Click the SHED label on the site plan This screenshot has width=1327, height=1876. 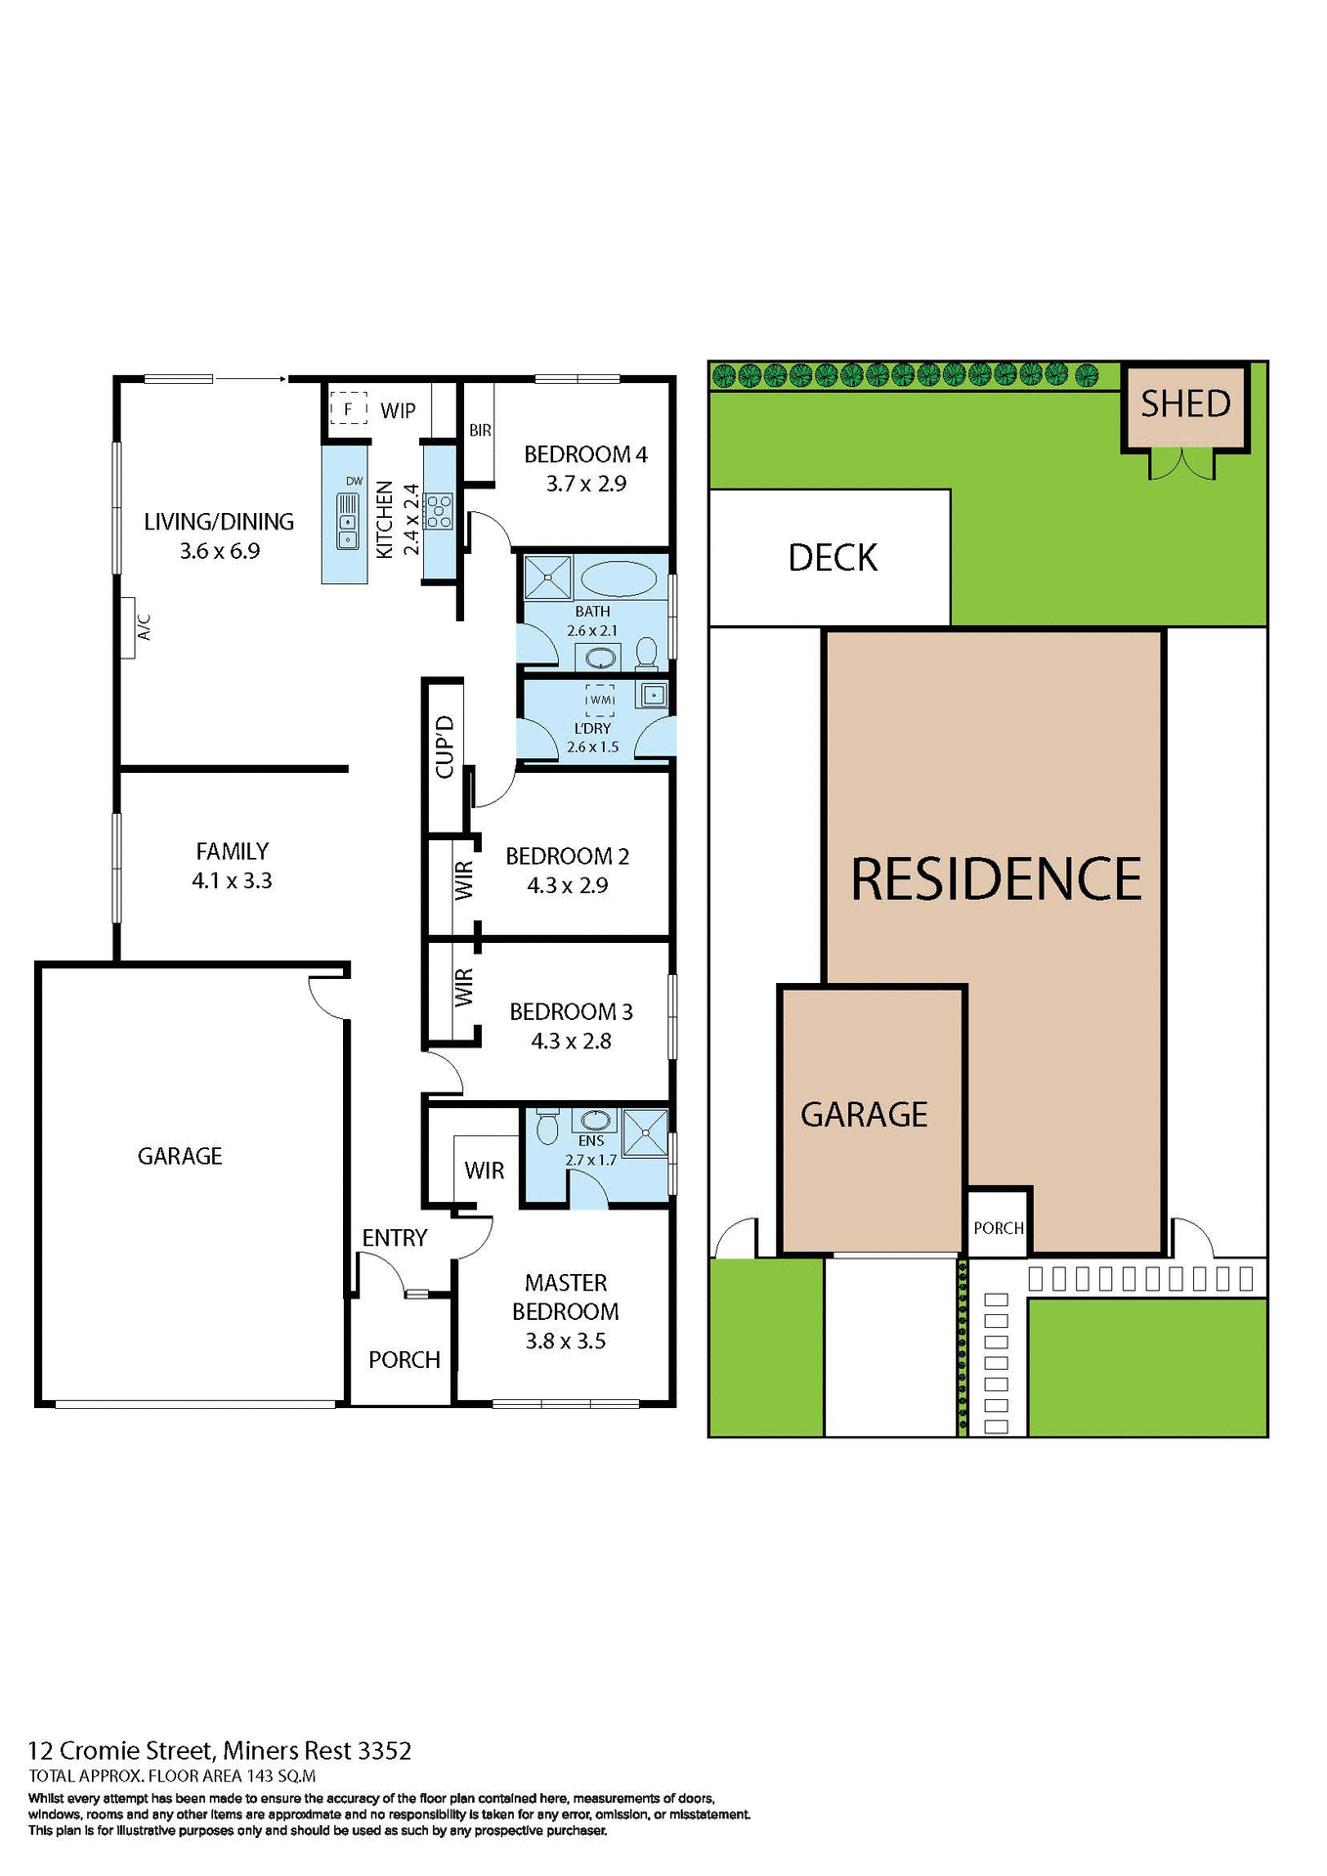[x=1185, y=404]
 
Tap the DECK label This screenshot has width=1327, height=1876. [x=833, y=558]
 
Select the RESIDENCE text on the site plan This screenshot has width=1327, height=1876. [x=996, y=878]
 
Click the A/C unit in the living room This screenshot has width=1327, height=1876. [x=128, y=627]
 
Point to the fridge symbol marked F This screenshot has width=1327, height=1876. [x=348, y=408]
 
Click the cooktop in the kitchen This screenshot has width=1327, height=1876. [x=440, y=511]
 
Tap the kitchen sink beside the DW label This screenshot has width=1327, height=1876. [x=348, y=522]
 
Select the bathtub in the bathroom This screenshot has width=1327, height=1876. [x=619, y=578]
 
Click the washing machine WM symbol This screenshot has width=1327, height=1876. [x=600, y=700]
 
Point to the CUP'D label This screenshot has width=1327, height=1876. [x=445, y=746]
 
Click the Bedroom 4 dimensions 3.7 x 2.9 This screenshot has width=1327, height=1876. [x=586, y=484]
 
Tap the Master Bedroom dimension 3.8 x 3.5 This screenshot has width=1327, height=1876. [x=565, y=1342]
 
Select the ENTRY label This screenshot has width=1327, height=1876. [x=395, y=1238]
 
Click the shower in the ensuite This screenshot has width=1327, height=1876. [x=645, y=1133]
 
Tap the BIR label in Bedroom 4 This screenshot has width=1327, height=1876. [x=480, y=430]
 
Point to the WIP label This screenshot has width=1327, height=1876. [x=398, y=410]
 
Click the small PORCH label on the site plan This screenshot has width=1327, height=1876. [x=998, y=1228]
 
